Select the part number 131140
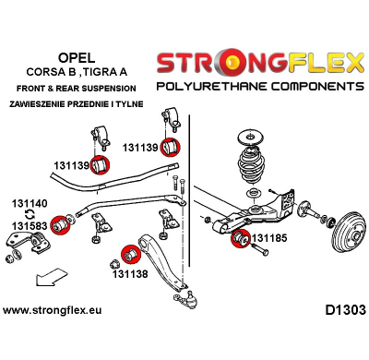pyautogui.click(x=29, y=206)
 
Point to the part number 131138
pyautogui.click(x=128, y=274)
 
